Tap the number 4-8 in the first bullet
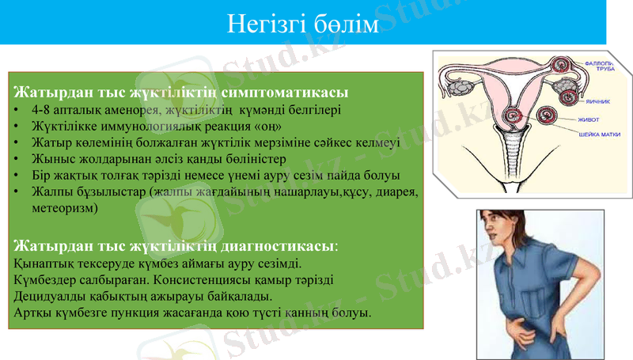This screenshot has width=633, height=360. click(x=44, y=109)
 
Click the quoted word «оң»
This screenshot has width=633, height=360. click(x=267, y=126)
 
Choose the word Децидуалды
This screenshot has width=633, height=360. click(x=49, y=297)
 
